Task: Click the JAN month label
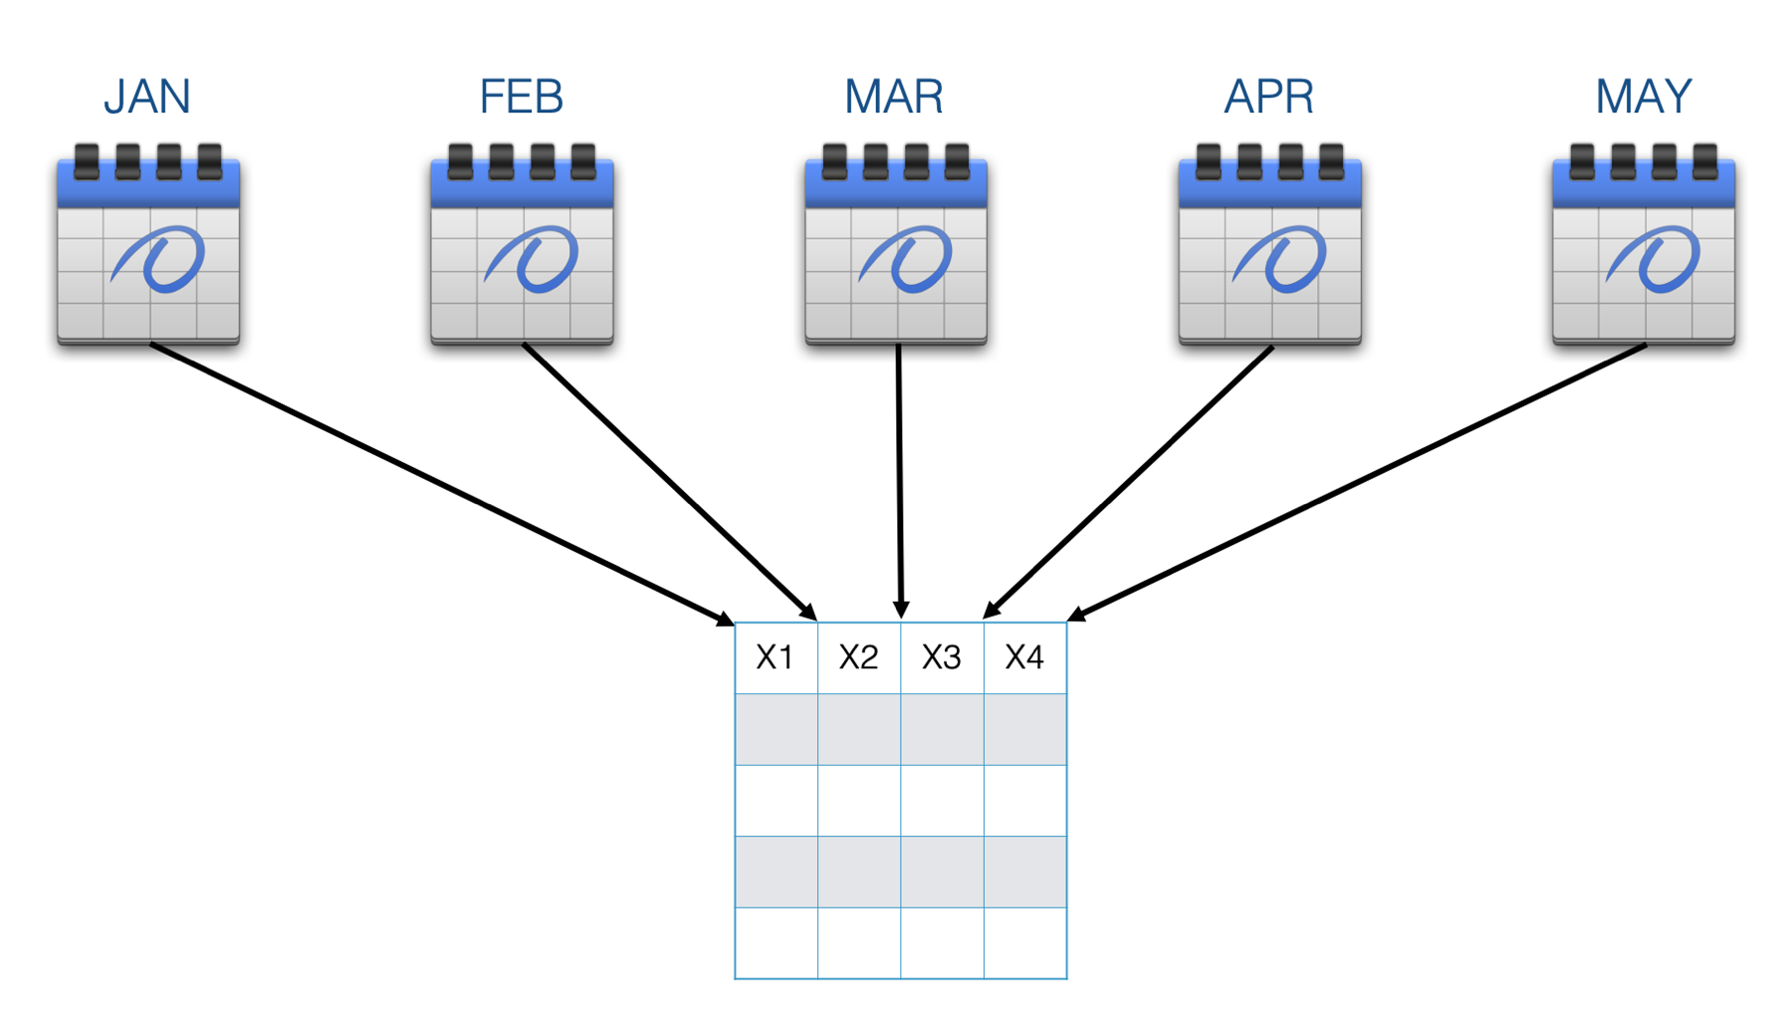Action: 146,97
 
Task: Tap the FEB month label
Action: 522,97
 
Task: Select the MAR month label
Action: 894,97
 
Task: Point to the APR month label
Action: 1269,97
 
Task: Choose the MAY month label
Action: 1644,97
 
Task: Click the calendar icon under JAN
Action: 148,245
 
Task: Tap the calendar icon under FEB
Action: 522,245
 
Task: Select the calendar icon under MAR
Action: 896,245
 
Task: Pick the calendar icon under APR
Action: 1269,245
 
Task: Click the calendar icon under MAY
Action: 1644,245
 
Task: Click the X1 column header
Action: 775,657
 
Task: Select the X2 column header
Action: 858,657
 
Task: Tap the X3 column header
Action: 942,657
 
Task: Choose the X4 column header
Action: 1024,657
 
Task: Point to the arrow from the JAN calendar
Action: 443,485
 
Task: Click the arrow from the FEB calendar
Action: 670,482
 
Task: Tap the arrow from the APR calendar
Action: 1127,483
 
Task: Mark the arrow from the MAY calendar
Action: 1356,483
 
